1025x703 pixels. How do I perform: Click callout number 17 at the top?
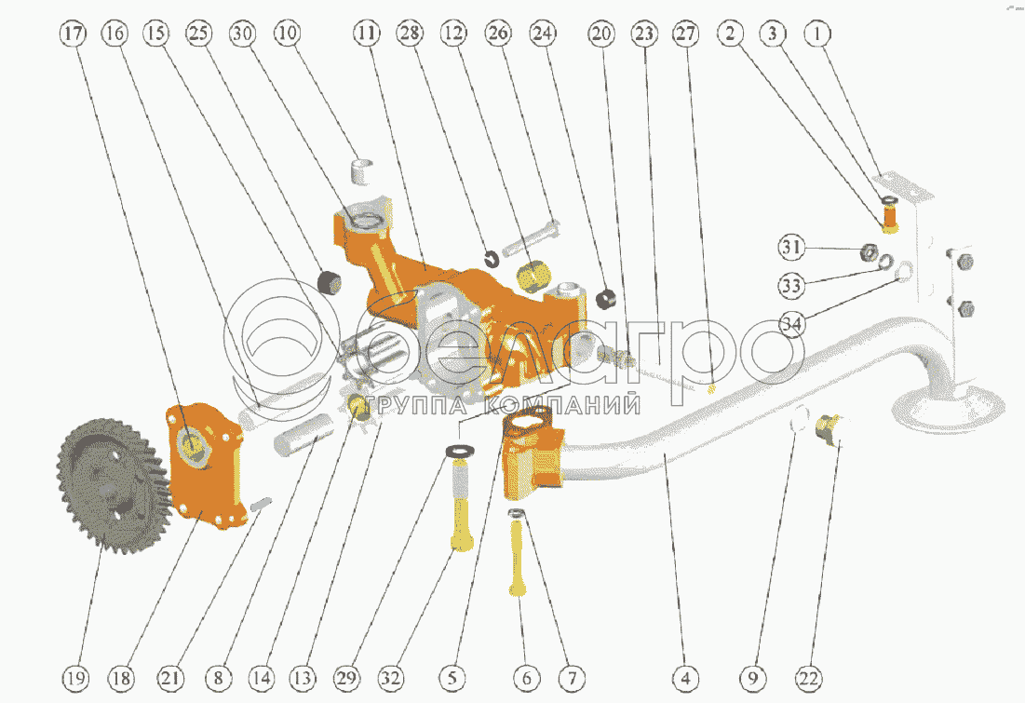click(x=74, y=34)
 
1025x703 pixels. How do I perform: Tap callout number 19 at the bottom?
click(x=74, y=678)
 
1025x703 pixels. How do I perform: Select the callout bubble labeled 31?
click(x=791, y=247)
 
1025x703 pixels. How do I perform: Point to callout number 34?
click(x=791, y=324)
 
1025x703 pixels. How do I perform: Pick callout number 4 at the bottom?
click(x=685, y=678)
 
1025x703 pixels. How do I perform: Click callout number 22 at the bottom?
click(x=809, y=678)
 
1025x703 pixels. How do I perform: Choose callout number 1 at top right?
click(x=817, y=34)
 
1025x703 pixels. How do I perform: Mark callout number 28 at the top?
click(x=411, y=34)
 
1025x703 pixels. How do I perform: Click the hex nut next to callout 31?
click(x=869, y=251)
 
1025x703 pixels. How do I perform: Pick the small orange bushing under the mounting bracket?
click(x=890, y=217)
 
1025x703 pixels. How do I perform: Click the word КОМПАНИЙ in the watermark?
click(x=561, y=405)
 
